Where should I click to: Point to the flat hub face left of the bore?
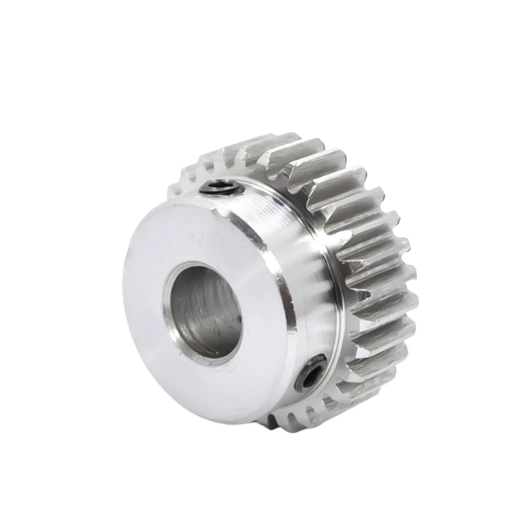click(x=145, y=289)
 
